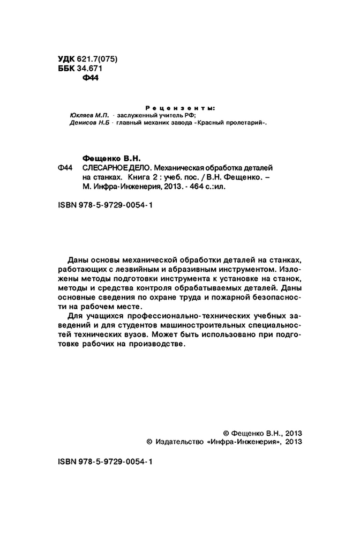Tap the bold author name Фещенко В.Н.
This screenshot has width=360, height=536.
coord(112,158)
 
